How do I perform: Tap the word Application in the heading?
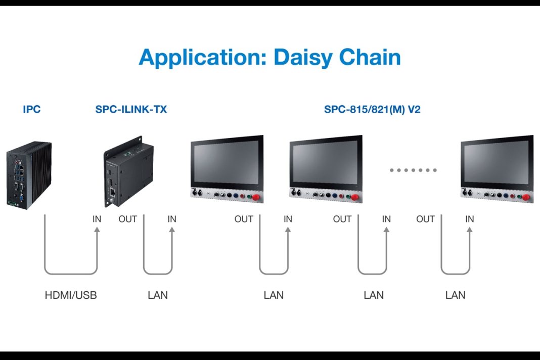pyautogui.click(x=201, y=57)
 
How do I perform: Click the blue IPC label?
pyautogui.click(x=31, y=109)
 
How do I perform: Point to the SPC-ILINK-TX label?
pyautogui.click(x=131, y=109)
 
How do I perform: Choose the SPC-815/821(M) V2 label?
pyautogui.click(x=372, y=109)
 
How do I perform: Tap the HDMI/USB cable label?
pyautogui.click(x=71, y=295)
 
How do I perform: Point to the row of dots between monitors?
pyautogui.click(x=413, y=170)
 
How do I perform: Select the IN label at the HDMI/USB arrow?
pyautogui.click(x=97, y=219)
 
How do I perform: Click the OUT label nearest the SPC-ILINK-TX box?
pyautogui.click(x=127, y=219)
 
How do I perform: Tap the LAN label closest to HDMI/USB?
pyautogui.click(x=158, y=295)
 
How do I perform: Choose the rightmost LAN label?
pyautogui.click(x=455, y=295)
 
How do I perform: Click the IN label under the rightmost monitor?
pyautogui.click(x=470, y=219)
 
